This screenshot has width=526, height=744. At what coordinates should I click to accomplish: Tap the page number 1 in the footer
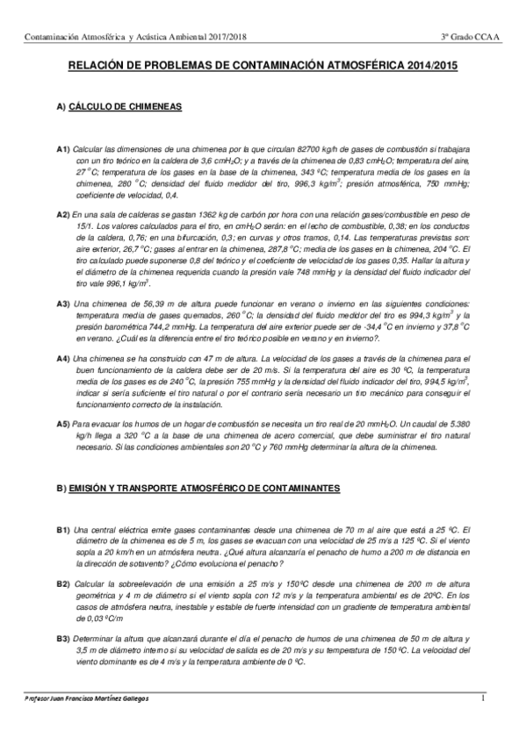point(483,698)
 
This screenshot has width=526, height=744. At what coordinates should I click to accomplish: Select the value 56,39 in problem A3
point(146,303)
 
